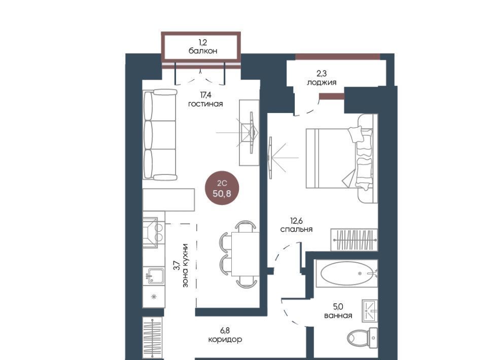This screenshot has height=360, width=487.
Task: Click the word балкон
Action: [x=203, y=51]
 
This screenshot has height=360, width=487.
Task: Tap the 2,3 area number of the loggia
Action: [x=322, y=74]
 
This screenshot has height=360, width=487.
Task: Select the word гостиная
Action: [x=205, y=103]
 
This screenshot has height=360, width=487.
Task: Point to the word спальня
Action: [x=296, y=229]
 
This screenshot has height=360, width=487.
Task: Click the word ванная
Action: [x=338, y=315]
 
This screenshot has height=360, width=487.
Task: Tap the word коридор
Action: [x=225, y=340]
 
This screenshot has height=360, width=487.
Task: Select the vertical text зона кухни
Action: [x=185, y=265]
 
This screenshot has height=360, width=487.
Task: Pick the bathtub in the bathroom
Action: [x=347, y=273]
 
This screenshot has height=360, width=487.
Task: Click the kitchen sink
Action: [x=155, y=276]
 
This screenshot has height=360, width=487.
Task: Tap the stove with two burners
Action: [x=154, y=232]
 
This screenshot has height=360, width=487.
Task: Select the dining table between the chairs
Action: [x=246, y=254]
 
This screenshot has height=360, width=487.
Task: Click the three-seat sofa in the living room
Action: [x=160, y=135]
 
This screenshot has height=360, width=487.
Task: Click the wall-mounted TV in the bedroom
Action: [x=269, y=158]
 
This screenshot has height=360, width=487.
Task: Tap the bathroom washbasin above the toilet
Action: [x=370, y=311]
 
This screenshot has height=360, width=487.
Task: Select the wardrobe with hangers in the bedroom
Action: [x=354, y=240]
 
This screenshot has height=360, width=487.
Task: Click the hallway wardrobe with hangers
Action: [x=153, y=338]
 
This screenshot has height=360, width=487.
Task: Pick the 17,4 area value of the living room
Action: [x=205, y=94]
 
